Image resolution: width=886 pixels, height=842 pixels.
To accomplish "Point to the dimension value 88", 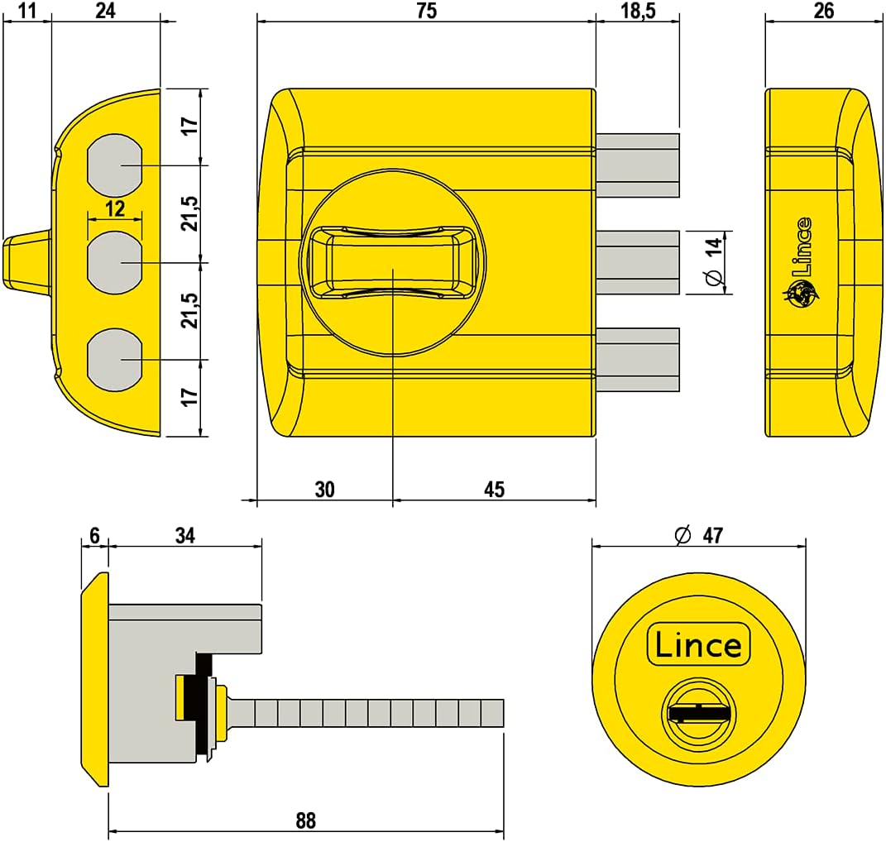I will coord(305,820).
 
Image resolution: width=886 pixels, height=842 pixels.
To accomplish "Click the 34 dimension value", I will coord(185,536).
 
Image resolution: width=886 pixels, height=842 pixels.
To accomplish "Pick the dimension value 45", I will coord(494,490).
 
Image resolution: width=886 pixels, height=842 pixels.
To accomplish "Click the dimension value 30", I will coord(324,490).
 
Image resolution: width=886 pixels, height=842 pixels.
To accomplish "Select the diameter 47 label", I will coord(700,535).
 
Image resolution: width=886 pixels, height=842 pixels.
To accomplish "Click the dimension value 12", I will coord(115,208).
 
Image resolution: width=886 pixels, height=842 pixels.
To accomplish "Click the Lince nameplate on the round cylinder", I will coord(697,644).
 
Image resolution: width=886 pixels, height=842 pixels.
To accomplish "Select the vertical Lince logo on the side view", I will coord(800,257).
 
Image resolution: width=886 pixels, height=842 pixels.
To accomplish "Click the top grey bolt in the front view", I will coord(638,165).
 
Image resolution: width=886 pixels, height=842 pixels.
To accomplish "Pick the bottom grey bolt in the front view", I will coord(638,359).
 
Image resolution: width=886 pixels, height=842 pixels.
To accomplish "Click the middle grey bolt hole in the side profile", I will coord(115,262).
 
